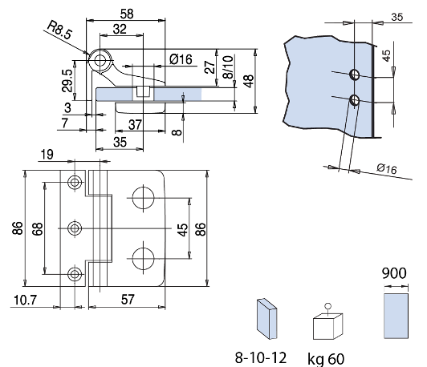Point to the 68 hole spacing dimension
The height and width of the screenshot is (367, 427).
pos(38,228)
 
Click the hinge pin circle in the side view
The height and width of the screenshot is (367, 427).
pos(101,59)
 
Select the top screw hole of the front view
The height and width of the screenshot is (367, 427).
pos(75,183)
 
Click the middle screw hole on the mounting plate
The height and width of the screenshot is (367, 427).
pos(75,228)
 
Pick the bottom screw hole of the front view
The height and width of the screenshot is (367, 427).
pos(75,274)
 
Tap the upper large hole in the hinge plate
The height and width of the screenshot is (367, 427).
pos(144,197)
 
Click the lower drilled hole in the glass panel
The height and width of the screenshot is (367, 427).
pos(354,100)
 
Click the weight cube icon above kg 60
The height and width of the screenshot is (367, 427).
pos(327,328)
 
